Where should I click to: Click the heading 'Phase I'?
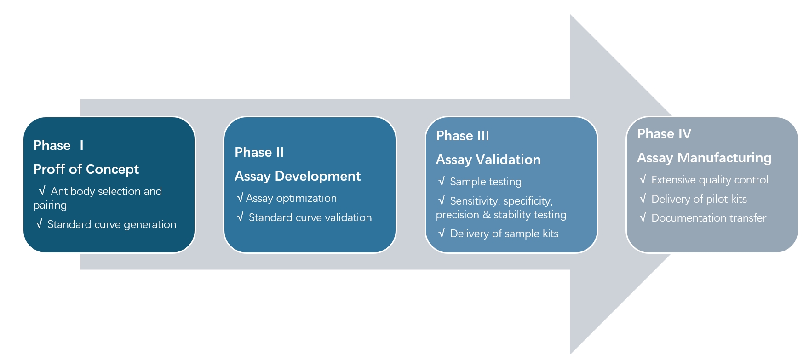click(x=58, y=145)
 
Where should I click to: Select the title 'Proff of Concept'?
click(x=86, y=169)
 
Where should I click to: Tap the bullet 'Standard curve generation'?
click(x=111, y=224)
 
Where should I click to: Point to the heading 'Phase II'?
click(x=259, y=152)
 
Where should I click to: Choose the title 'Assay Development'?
click(x=297, y=176)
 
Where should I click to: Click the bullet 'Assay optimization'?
click(x=291, y=198)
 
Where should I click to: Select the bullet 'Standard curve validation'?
click(x=310, y=217)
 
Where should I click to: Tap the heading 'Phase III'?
click(x=462, y=136)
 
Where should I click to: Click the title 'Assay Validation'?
click(x=488, y=160)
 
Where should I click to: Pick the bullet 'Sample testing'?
click(x=485, y=182)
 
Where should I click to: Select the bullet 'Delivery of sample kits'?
click(x=504, y=234)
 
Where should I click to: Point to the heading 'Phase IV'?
click(x=664, y=134)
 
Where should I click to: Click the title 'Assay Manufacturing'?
click(x=704, y=158)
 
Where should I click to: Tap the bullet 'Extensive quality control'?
click(x=709, y=180)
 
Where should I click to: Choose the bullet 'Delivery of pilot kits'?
click(x=699, y=199)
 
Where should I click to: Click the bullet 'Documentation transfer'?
click(x=708, y=218)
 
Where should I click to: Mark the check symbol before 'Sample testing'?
click(x=442, y=181)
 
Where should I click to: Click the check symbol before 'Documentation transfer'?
click(x=643, y=217)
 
